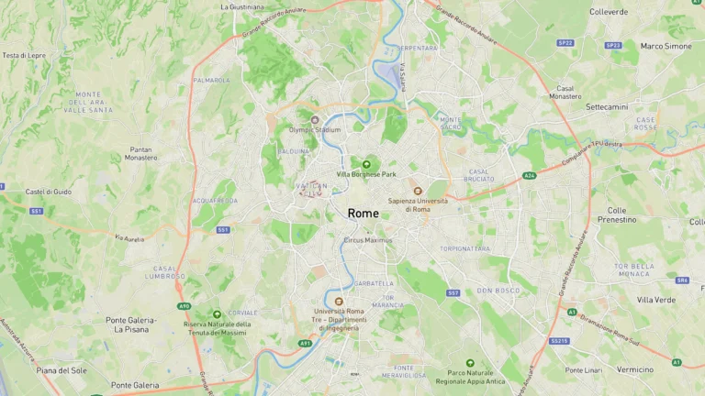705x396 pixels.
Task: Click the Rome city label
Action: tap(363, 214)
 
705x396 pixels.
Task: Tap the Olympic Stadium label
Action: tap(315, 130)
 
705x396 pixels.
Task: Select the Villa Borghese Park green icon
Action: tap(366, 164)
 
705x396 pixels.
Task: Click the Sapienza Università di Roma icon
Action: tap(418, 191)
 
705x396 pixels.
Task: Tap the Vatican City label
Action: tap(312, 190)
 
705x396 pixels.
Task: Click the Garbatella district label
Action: tap(372, 283)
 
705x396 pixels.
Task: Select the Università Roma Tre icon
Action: tap(340, 301)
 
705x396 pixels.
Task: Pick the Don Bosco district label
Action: tap(498, 291)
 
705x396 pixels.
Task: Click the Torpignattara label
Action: tap(464, 248)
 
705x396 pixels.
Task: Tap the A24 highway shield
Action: tap(529, 175)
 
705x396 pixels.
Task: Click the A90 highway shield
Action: tap(184, 306)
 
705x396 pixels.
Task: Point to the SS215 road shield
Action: tap(559, 341)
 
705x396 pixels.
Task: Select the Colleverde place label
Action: tap(609, 12)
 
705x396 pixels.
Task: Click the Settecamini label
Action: tap(607, 106)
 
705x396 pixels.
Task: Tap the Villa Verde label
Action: tap(656, 300)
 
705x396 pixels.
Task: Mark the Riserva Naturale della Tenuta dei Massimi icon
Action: tap(217, 314)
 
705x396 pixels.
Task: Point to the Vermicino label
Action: tap(635, 369)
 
